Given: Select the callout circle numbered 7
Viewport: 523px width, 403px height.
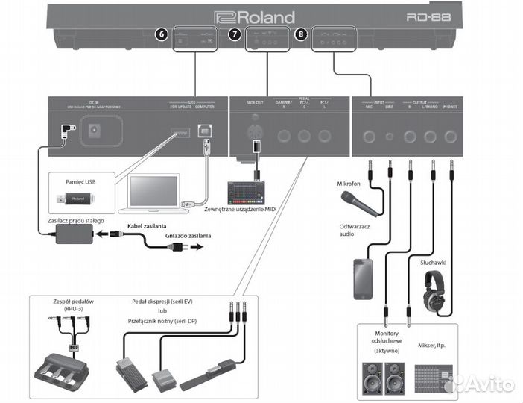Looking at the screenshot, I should pyautogui.click(x=235, y=34).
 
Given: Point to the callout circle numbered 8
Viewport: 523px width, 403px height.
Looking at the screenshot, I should pyautogui.click(x=300, y=34).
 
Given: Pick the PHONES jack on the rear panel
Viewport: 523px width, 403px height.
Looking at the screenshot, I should pyautogui.click(x=450, y=137).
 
